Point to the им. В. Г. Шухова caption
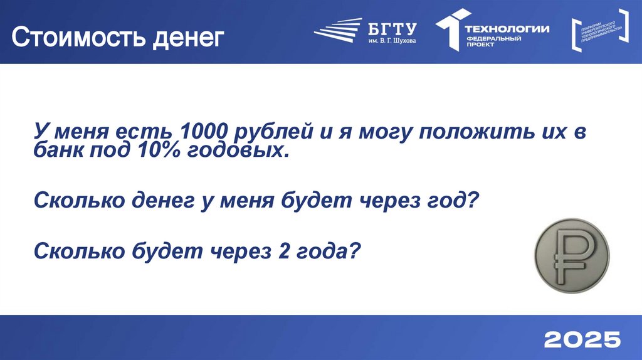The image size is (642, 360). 392,41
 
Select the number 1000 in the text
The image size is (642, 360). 203,132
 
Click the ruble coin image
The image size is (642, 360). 571,256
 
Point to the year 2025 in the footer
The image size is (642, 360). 582,339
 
